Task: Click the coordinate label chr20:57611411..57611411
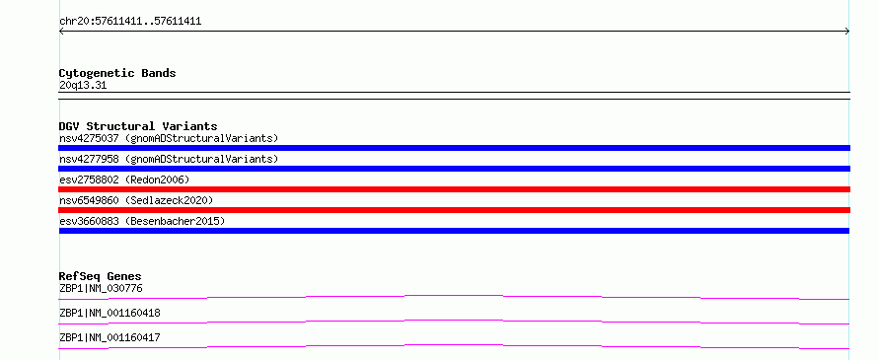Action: [130, 22]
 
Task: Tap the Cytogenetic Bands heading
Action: [117, 73]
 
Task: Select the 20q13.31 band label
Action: [83, 86]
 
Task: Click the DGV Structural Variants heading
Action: [138, 126]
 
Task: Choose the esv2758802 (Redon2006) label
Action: [124, 180]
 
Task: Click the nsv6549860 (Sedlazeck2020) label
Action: [136, 200]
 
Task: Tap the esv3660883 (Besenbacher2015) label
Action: [142, 221]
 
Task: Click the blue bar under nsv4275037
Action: [454, 148]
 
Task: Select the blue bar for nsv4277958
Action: [454, 169]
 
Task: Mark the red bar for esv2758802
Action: [454, 189]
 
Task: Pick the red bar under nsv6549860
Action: [454, 210]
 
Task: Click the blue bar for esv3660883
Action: [454, 231]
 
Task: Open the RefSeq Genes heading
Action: [101, 276]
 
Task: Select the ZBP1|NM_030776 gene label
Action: [101, 289]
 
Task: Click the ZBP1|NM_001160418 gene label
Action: [110, 313]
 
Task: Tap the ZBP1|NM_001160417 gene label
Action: [110, 337]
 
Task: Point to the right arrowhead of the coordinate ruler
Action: [848, 32]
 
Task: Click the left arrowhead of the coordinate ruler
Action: [60, 32]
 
